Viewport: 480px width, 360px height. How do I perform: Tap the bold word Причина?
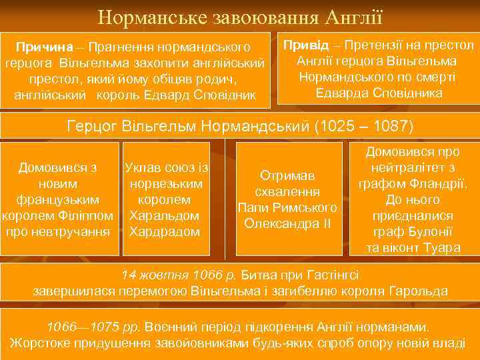(x=44, y=48)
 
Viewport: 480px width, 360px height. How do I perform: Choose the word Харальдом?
(x=164, y=216)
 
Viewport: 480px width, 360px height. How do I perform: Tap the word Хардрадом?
(x=164, y=232)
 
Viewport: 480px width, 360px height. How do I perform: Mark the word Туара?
(x=443, y=248)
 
